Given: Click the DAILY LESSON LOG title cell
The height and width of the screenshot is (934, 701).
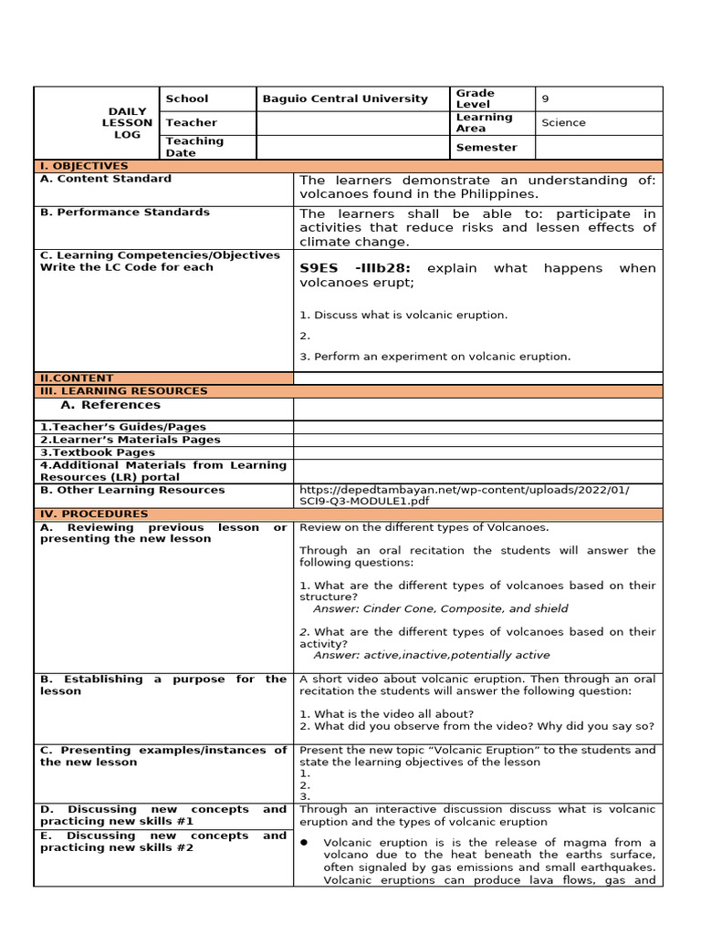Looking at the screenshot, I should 128,122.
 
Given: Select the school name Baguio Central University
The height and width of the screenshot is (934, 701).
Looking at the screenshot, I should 345,99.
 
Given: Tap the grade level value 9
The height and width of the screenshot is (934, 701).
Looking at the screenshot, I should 546,99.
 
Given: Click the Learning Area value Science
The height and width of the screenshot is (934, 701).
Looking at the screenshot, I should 563,122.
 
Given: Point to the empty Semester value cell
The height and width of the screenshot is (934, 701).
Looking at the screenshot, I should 599,147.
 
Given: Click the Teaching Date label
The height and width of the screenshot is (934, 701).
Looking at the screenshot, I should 194,147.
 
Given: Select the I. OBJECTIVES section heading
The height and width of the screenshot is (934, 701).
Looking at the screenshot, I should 84,166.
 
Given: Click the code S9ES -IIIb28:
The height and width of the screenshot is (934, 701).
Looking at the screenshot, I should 355,268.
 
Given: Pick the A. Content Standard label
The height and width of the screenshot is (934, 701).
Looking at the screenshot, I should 106,179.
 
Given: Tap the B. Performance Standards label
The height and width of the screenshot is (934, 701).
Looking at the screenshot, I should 125,212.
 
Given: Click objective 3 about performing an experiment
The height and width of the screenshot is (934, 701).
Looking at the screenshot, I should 434,357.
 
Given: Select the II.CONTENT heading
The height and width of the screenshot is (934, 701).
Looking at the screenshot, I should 77,378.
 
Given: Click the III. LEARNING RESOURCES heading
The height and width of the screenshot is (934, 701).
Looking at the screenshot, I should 123,390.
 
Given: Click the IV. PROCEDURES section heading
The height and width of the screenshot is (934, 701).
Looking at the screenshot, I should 94,514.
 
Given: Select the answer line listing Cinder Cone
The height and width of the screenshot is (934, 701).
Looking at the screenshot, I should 440,608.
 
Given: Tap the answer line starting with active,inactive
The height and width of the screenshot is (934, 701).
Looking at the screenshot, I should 431,655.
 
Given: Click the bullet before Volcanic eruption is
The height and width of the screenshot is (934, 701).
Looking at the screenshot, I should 303,842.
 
